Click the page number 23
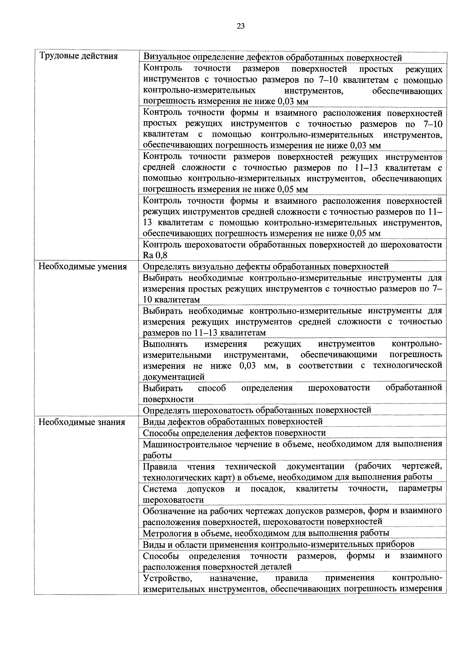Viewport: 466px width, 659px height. [241, 26]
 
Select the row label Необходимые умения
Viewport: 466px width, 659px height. [82, 267]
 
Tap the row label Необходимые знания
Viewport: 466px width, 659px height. [82, 422]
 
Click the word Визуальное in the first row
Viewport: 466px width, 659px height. [166, 57]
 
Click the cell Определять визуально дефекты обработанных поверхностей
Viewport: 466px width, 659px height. [265, 266]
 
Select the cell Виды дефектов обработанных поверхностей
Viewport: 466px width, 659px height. [233, 421]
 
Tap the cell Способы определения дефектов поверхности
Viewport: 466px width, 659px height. [234, 433]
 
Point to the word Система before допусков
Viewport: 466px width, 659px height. [160, 488]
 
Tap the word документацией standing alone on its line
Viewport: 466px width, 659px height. [173, 377]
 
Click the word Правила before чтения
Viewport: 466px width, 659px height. [160, 466]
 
